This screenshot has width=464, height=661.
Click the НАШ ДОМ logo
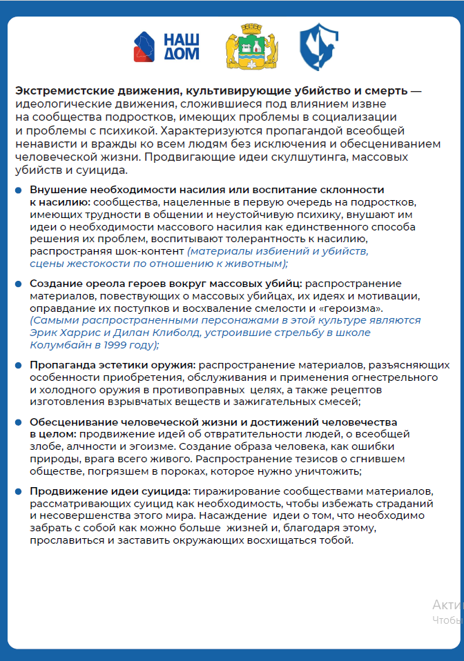coord(166,46)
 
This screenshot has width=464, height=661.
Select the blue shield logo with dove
coord(318,47)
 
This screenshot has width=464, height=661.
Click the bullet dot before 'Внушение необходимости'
coord(19,190)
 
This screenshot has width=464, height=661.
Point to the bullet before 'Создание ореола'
coord(19,284)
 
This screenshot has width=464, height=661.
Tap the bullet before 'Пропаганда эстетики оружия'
coord(19,365)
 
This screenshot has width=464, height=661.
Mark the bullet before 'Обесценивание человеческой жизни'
coord(19,422)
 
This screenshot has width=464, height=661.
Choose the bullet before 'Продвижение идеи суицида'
coord(19,491)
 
